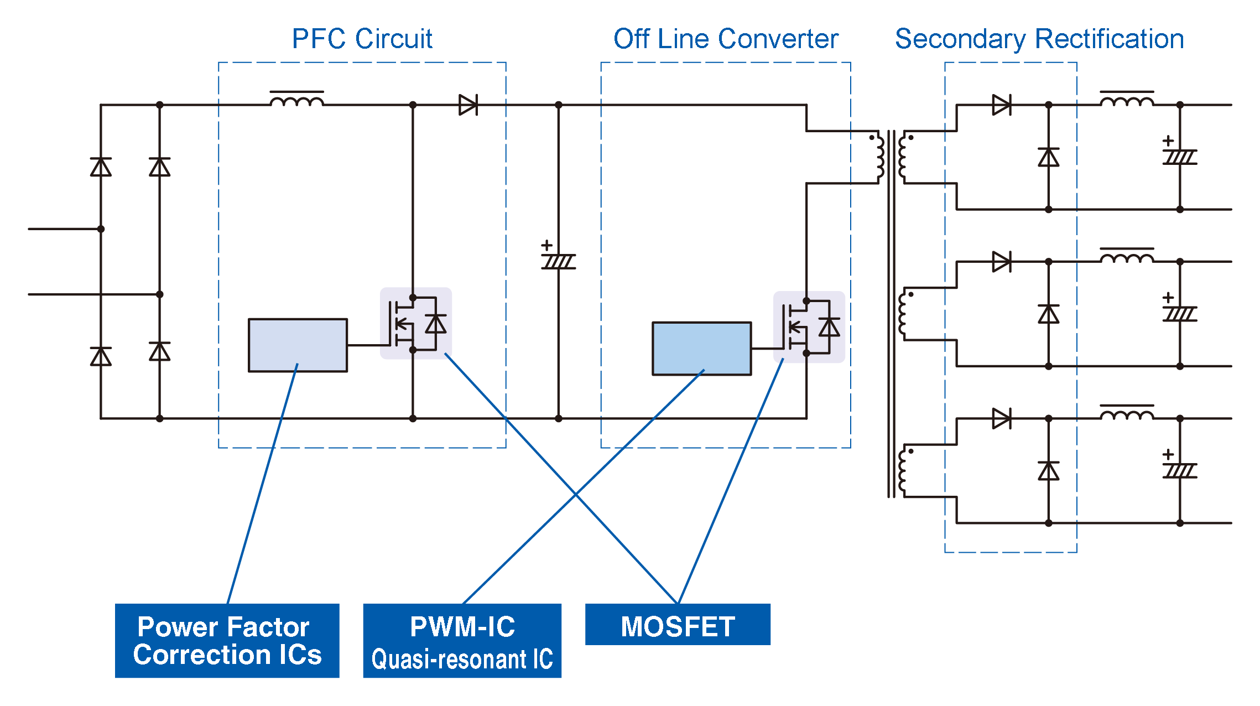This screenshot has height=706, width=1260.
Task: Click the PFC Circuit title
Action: pos(362,39)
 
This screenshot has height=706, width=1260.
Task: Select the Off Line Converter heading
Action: pos(726,39)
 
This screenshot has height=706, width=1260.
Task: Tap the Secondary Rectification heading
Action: pos(1039,39)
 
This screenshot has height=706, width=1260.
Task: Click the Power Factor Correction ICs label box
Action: pos(227,640)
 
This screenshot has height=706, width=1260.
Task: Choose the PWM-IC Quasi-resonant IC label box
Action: pos(462,640)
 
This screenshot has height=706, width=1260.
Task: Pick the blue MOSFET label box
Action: pos(678,625)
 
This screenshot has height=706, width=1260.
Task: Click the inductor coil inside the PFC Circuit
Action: pos(297,100)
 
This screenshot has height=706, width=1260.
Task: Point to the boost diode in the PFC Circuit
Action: pos(468,105)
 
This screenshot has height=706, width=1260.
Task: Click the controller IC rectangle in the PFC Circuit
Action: pos(298,345)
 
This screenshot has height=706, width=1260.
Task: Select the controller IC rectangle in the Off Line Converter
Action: pos(701,349)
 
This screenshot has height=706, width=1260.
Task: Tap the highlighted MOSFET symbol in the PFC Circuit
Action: pos(415,324)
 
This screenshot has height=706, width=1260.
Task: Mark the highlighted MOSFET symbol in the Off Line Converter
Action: pos(809,327)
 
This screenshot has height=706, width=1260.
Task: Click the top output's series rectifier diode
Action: pos(1002,105)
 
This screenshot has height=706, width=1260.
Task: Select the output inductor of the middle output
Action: pos(1127,257)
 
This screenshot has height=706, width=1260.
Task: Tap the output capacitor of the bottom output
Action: pos(1180,470)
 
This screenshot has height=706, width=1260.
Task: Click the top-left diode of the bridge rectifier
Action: pos(101,167)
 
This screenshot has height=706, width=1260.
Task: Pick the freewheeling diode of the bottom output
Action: pos(1048,471)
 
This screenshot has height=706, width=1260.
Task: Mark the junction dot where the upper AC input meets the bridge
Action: pos(101,229)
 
